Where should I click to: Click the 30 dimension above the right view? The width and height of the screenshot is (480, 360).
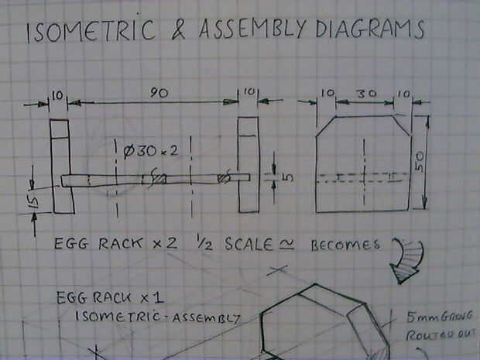point(366,92)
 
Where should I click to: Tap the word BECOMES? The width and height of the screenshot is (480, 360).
point(345,245)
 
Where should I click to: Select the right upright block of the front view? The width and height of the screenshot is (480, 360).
point(247,163)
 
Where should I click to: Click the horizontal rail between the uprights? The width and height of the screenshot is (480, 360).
point(155,179)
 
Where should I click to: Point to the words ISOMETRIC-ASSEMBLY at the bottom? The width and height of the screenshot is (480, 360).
point(159,317)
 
